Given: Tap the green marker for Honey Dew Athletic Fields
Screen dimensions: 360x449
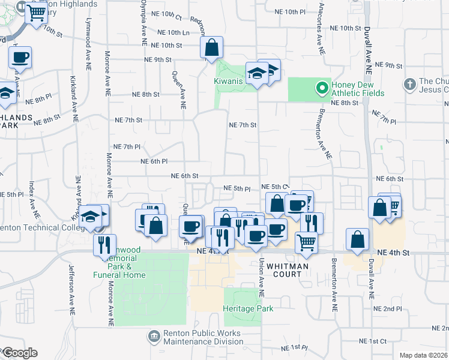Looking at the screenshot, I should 322,89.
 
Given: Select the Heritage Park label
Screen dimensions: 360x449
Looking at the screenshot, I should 248,308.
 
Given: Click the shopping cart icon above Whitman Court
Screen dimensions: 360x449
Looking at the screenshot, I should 306,242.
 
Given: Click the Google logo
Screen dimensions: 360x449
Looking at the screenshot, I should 19,353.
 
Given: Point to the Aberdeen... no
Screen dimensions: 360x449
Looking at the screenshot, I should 224,180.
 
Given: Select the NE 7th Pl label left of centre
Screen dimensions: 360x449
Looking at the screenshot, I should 127,146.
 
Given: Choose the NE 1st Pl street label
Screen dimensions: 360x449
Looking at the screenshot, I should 291,347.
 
